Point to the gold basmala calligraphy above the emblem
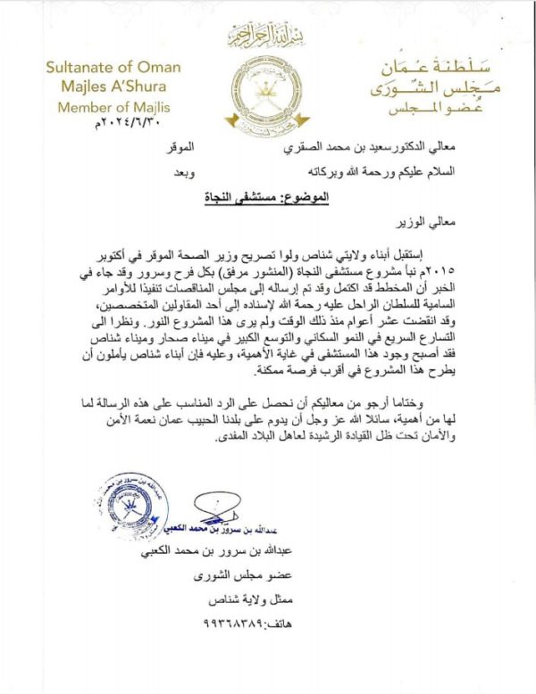pos(266,37)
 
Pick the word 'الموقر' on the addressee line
pos(207,145)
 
